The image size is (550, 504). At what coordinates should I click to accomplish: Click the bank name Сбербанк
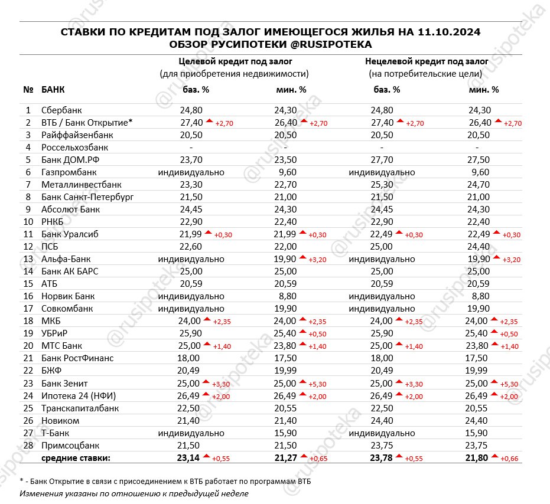62,110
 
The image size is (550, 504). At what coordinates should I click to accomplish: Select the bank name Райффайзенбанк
76,135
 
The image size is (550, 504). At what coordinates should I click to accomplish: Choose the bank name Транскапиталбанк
80,408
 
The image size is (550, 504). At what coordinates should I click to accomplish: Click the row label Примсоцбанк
70,445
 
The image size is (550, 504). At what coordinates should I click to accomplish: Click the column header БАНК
53,90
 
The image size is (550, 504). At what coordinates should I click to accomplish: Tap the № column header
28,90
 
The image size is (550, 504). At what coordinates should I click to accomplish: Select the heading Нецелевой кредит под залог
426,61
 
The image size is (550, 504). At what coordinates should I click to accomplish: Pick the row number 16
28,296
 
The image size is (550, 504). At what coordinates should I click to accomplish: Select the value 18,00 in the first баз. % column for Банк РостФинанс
191,358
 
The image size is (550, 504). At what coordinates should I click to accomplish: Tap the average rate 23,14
190,457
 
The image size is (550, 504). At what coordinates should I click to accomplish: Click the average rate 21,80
479,457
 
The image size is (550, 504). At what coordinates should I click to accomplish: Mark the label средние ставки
76,457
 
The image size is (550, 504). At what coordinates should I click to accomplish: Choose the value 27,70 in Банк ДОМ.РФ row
382,159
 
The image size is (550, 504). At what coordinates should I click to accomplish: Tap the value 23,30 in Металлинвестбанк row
191,184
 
